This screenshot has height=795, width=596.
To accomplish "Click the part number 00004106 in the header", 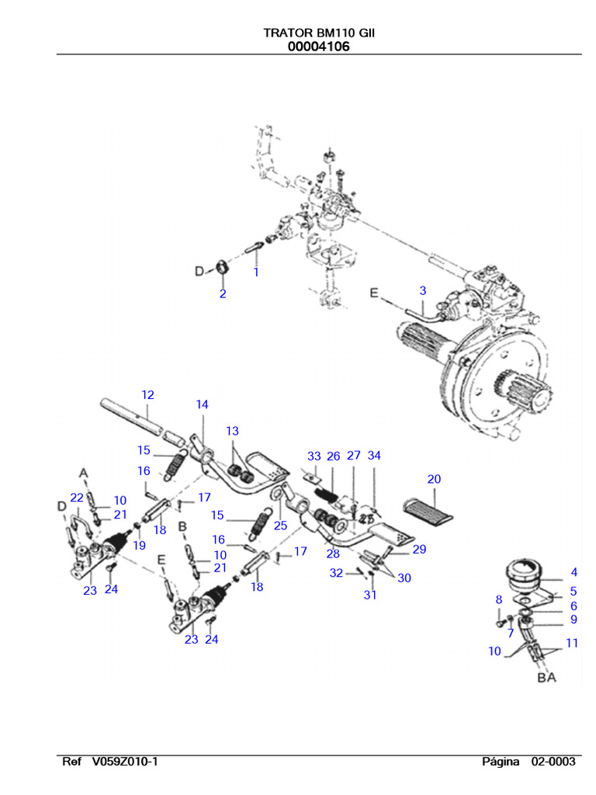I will point(318,47).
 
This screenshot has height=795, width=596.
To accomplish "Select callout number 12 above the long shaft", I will point(147,395).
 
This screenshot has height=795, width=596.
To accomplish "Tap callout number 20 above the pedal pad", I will point(434,479).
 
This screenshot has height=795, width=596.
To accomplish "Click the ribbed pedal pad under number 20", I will point(429,509).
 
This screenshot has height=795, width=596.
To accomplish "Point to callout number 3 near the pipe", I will point(422,290).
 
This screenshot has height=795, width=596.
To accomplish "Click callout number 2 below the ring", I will point(223,294).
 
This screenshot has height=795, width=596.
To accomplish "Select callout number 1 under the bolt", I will point(255,273).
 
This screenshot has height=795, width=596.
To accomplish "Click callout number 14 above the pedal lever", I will point(202,404).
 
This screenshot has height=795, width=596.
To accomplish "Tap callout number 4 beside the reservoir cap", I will point(573,573).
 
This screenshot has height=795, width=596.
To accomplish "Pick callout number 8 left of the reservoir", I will point(499,599).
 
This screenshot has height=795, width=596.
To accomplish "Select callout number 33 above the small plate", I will point(314,456).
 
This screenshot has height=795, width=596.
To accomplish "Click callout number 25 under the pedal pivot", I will point(280,526).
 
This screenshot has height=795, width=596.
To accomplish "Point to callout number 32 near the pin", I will point(335,573).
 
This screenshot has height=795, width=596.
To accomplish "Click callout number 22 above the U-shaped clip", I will point(76,497).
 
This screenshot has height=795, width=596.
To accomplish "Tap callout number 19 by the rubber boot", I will point(139,545).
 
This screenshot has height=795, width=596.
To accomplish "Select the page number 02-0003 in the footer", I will point(553,762).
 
